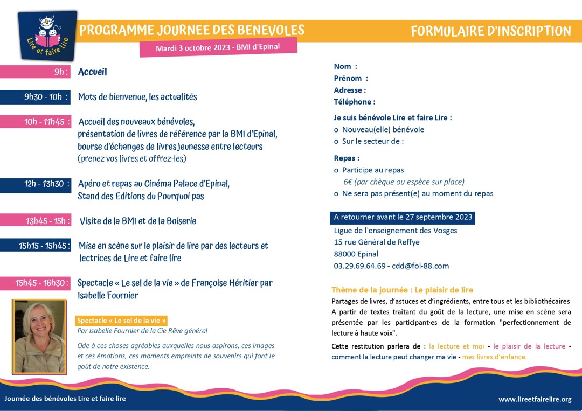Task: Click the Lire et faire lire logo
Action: click(47, 36)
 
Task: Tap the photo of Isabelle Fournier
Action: click(39, 337)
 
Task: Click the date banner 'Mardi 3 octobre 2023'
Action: click(218, 47)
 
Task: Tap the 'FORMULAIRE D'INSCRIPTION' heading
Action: click(490, 31)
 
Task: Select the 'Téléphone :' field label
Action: click(354, 102)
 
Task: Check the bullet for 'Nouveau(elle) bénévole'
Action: click(336, 130)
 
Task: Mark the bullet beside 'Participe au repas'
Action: click(336, 170)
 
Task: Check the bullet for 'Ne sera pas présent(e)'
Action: click(336, 194)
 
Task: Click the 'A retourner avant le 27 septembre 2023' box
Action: click(403, 218)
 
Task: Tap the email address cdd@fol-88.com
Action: click(420, 266)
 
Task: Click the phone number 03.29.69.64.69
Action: click(359, 266)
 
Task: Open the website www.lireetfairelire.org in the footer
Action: click(535, 399)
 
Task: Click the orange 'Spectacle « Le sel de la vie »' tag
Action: click(122, 320)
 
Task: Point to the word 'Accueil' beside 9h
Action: click(93, 72)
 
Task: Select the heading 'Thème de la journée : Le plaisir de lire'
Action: click(402, 290)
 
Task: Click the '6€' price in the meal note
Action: click(349, 182)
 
